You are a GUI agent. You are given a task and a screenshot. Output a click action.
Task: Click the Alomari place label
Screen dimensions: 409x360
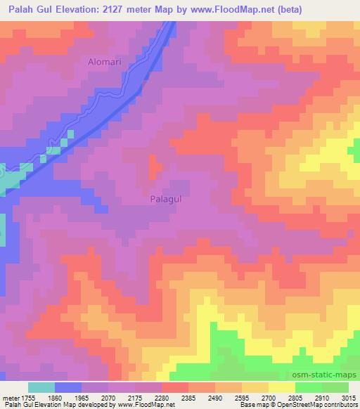point(105,62)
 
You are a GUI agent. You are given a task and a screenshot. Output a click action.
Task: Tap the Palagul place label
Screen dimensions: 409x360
point(167,200)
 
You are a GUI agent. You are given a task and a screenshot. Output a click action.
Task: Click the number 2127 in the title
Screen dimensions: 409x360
point(136,9)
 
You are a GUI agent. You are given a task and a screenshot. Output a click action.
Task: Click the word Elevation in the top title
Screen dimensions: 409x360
point(90,9)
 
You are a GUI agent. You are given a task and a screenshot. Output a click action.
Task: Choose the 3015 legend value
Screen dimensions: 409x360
point(349,398)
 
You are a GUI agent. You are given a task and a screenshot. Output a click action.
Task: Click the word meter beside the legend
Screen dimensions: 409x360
point(11,398)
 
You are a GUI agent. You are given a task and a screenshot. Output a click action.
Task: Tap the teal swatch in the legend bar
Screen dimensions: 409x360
point(41,387)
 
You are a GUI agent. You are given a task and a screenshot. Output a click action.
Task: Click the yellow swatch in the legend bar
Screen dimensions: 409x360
point(281,387)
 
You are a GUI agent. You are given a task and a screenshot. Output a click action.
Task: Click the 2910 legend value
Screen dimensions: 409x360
point(321,398)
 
